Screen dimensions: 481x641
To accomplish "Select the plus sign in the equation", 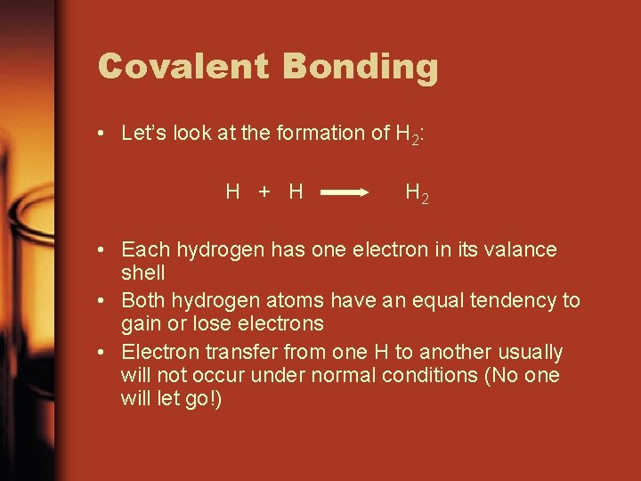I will click(264, 191).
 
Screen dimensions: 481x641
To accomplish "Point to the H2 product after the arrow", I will click(417, 192).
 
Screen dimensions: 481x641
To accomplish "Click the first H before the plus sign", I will click(233, 191).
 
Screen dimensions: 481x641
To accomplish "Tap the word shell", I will click(142, 272).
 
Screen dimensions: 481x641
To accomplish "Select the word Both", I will click(143, 300).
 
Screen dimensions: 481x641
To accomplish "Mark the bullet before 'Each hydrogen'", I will click(103, 250).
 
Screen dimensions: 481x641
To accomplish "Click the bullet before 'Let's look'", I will click(103, 135).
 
